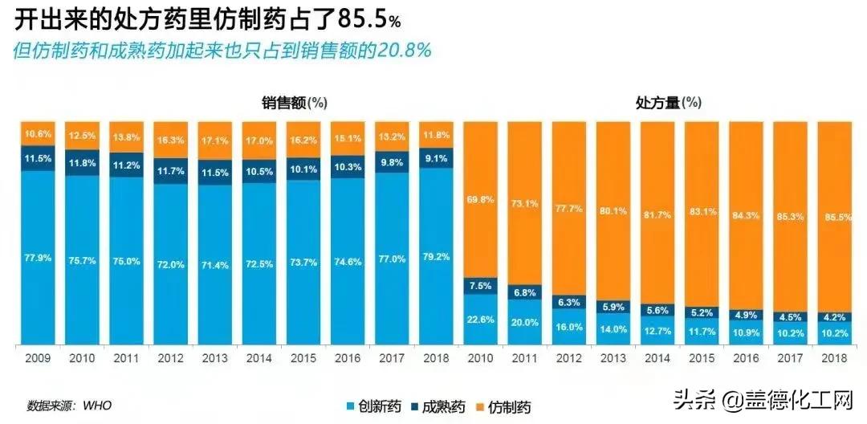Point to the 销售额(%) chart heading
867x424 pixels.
pos(294,102)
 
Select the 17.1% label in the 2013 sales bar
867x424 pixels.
pos(215,140)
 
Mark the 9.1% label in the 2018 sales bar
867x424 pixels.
pos(436,158)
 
